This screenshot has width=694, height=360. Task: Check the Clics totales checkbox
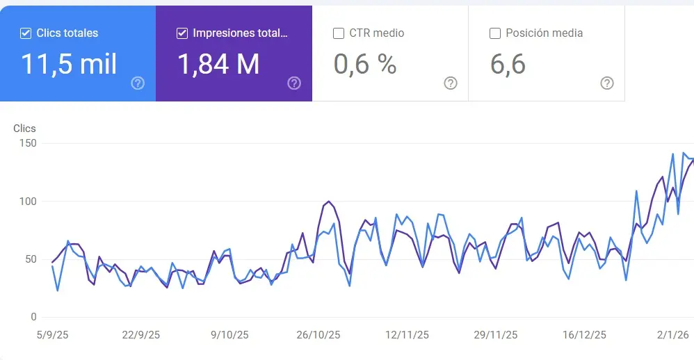click(26, 33)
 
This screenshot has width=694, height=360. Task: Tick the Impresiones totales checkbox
click(182, 33)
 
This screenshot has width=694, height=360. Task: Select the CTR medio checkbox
click(339, 33)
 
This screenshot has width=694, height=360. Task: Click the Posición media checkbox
click(495, 33)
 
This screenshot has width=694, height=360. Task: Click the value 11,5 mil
click(69, 64)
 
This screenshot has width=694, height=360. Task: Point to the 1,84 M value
click(218, 64)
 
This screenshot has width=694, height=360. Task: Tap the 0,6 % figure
click(364, 64)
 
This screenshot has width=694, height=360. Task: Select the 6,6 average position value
click(508, 64)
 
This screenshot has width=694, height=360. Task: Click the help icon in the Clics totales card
click(138, 83)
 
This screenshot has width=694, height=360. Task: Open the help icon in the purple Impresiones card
click(294, 83)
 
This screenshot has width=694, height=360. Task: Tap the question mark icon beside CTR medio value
click(451, 83)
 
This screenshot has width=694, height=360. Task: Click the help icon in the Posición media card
click(607, 83)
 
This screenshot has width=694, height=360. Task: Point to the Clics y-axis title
click(24, 129)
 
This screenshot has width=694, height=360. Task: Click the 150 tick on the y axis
click(28, 143)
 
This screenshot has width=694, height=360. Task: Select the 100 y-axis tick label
click(28, 202)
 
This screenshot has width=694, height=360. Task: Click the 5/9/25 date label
click(52, 335)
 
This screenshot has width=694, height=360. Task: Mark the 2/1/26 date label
click(672, 335)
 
